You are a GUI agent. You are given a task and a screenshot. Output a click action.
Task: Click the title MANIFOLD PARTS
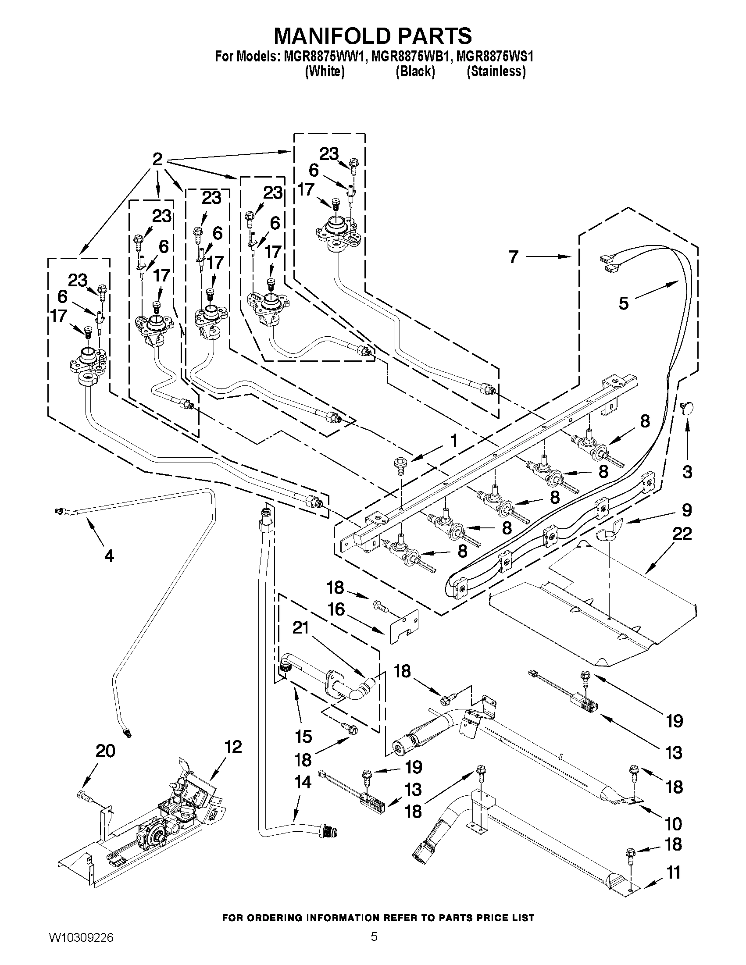[x=372, y=36]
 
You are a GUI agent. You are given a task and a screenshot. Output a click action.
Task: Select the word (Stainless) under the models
[x=496, y=71]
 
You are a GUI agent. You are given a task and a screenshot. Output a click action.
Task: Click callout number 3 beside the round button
[x=687, y=471]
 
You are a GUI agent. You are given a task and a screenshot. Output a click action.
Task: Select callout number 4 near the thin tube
[x=109, y=555]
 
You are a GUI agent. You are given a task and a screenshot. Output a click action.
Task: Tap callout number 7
[x=513, y=257]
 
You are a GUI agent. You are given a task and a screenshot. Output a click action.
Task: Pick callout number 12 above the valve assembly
[x=233, y=747]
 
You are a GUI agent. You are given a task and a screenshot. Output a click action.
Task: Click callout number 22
[x=682, y=534]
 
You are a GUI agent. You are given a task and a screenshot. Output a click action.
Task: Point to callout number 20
[x=105, y=751]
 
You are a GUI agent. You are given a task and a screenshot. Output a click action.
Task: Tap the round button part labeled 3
[x=686, y=408]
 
